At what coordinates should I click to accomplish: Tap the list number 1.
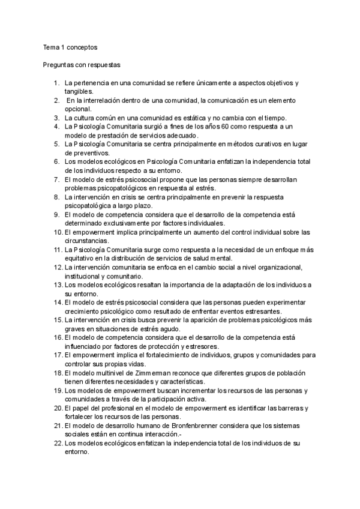[x=56, y=82]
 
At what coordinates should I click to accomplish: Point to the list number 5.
[x=56, y=144]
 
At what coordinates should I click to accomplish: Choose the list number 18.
[x=55, y=373]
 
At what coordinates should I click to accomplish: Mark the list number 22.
[x=55, y=443]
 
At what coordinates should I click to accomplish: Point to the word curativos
[x=253, y=144]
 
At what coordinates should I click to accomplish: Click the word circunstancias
[x=88, y=241]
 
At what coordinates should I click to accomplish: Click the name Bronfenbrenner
[x=217, y=426]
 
